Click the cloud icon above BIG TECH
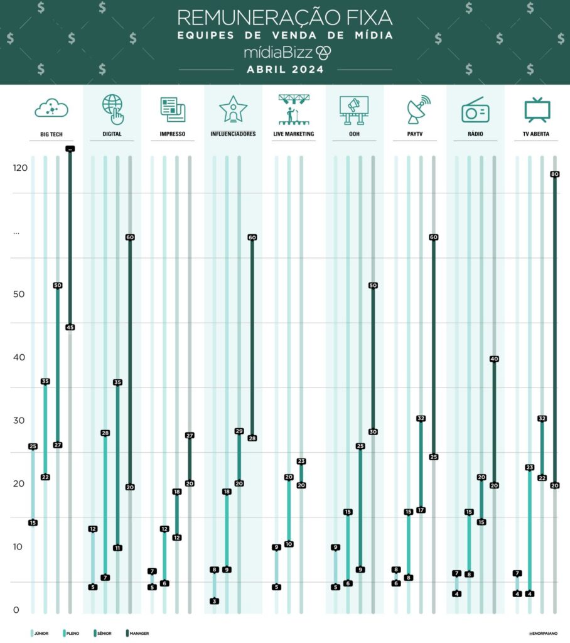point(51,109)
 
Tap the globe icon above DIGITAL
point(112,109)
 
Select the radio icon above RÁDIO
point(475,110)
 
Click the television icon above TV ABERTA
point(537,110)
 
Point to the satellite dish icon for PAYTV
point(416,110)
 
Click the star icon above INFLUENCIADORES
point(233,110)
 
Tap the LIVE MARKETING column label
point(293,134)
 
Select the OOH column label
point(354,134)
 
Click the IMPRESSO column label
point(173,134)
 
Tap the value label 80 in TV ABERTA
point(555,175)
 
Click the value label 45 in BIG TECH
point(70,327)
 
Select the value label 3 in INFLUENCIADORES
point(215,601)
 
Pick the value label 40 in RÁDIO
point(494,359)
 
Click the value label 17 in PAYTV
point(421,510)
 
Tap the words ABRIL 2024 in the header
point(285,70)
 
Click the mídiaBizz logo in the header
point(285,52)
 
